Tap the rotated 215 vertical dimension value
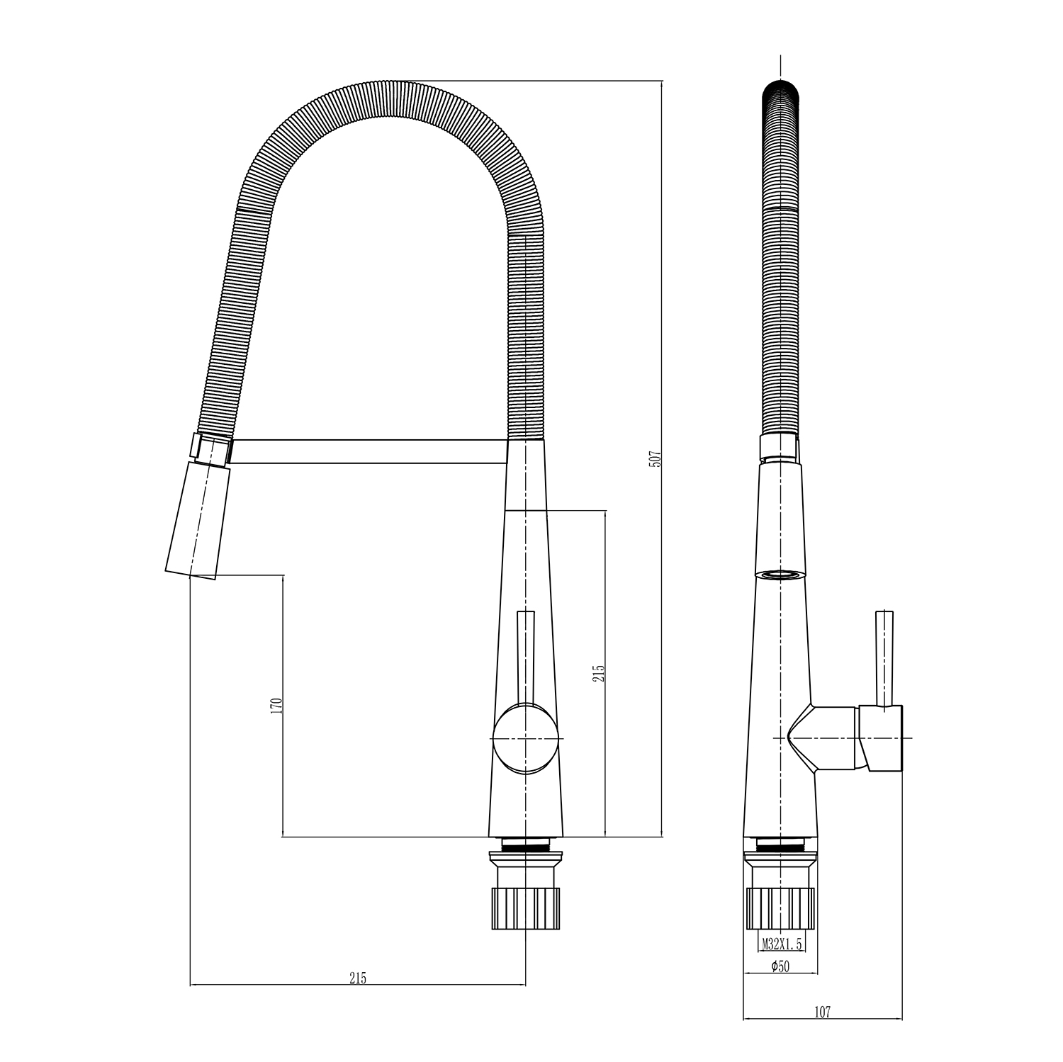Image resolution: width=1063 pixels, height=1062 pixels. pyautogui.click(x=599, y=672)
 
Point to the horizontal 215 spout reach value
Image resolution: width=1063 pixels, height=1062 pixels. pyautogui.click(x=357, y=978)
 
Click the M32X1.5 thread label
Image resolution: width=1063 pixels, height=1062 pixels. pyautogui.click(x=782, y=944)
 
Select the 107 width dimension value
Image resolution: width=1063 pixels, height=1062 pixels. pyautogui.click(x=821, y=1012)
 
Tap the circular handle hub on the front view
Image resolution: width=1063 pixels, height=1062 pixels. pyautogui.click(x=525, y=739)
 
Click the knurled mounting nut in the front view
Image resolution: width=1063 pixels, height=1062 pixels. pyautogui.click(x=525, y=907)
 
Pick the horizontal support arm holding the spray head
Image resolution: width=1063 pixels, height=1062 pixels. pyautogui.click(x=369, y=452)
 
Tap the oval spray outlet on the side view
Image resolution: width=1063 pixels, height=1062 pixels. pyautogui.click(x=780, y=575)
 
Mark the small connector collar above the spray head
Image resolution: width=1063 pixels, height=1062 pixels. pyautogui.click(x=210, y=448)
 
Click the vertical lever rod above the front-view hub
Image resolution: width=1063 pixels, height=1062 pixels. pyautogui.click(x=526, y=655)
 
